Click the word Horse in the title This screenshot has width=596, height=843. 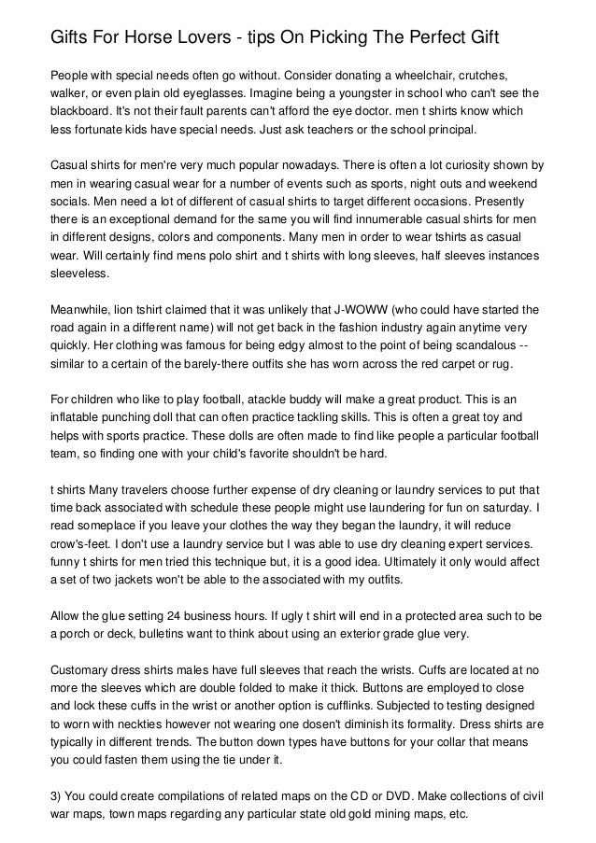[151, 37]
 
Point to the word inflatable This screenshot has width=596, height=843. [78, 419]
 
